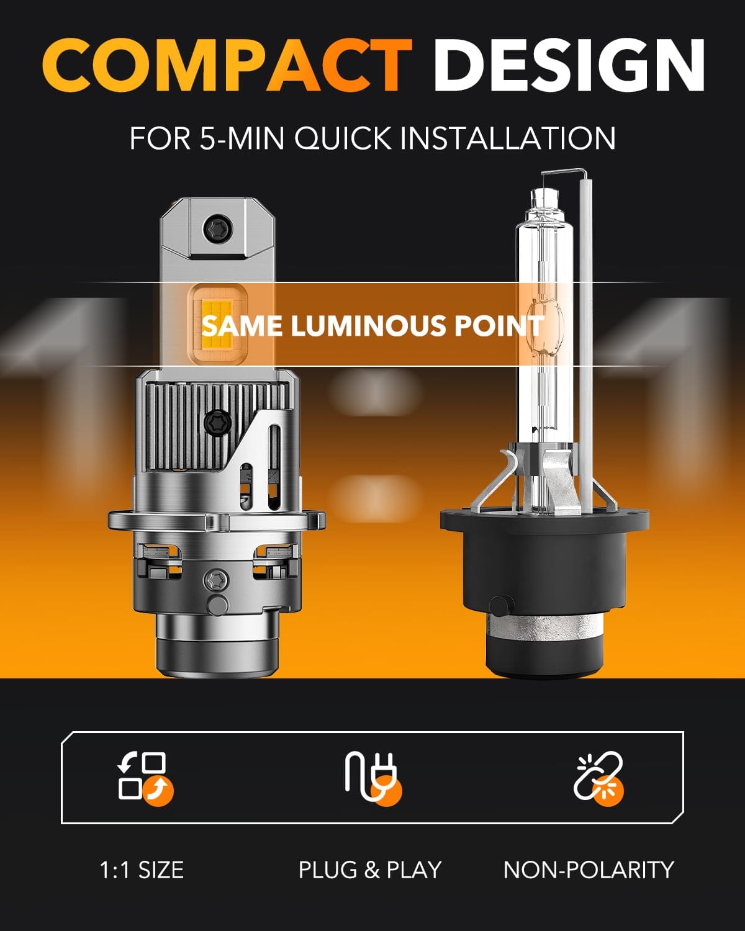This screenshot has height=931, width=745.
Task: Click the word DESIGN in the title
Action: click(570, 65)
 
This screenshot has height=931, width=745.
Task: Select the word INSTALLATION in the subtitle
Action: click(507, 138)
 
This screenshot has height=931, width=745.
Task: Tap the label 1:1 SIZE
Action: click(142, 870)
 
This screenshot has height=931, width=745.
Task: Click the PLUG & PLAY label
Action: click(370, 870)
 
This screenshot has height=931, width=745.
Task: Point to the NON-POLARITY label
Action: click(589, 870)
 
